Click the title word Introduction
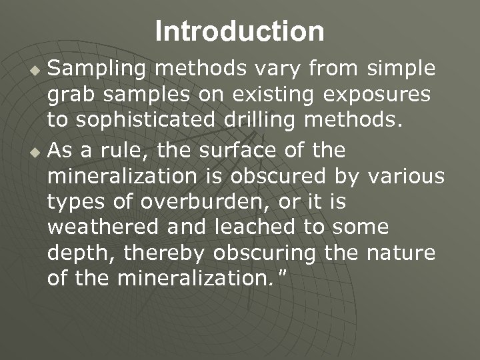[x=240, y=31]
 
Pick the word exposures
[x=377, y=95]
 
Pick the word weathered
[x=103, y=227]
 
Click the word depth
[x=74, y=254]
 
